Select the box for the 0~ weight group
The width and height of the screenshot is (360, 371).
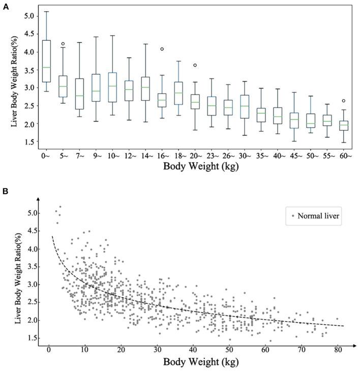pos(46,61)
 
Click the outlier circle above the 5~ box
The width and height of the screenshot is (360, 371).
pos(63,44)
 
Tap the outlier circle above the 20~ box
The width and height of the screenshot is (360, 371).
pos(195,65)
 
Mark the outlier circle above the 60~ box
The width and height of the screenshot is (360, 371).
pos(344,101)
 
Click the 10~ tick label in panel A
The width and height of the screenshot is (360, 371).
pos(112,154)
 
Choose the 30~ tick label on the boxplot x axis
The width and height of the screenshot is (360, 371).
pos(245,154)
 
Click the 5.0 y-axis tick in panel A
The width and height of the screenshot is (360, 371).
pos(31,16)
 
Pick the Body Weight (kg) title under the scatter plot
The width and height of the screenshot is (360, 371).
pos(194,363)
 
